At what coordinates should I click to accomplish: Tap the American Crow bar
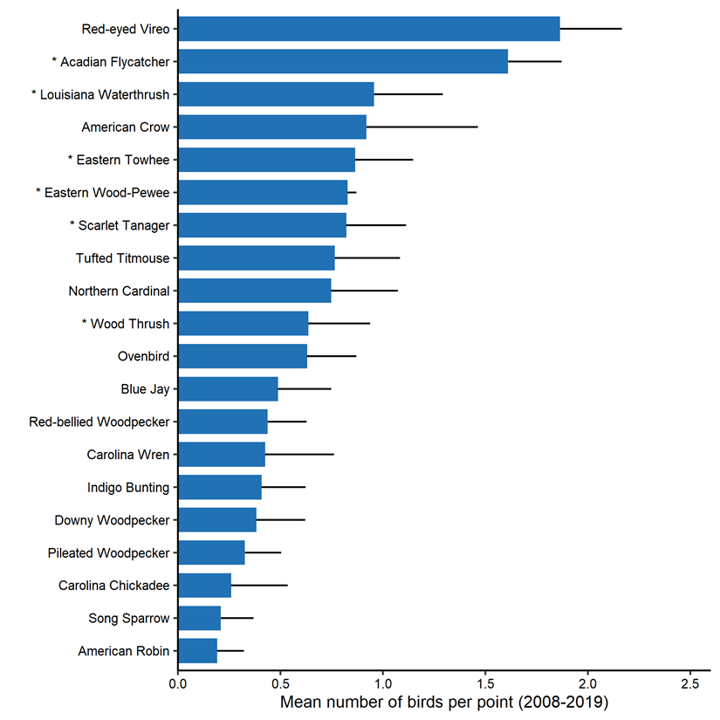pyautogui.click(x=271, y=127)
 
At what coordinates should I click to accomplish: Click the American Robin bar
pyautogui.click(x=197, y=651)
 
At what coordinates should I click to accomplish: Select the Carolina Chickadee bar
pyautogui.click(x=204, y=586)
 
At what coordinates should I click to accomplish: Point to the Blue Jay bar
pyautogui.click(x=228, y=389)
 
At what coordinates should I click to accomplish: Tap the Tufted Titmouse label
pyautogui.click(x=123, y=258)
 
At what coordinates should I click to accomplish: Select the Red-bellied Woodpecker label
pyautogui.click(x=99, y=422)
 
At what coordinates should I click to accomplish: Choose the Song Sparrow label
pyautogui.click(x=129, y=619)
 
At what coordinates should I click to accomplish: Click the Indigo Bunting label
pyautogui.click(x=128, y=488)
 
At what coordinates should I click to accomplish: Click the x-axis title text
pyautogui.click(x=443, y=702)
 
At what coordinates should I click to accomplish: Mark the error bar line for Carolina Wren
pyautogui.click(x=299, y=455)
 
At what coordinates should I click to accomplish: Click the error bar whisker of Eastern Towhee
pyautogui.click(x=384, y=160)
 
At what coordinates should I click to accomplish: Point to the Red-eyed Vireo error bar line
pyautogui.click(x=591, y=29)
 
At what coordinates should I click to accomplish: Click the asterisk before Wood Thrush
pyautogui.click(x=85, y=324)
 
